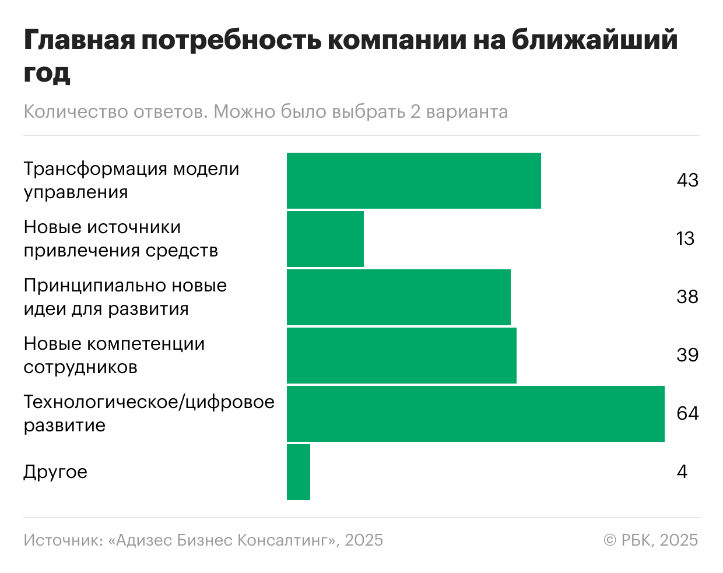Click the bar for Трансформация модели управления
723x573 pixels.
413,181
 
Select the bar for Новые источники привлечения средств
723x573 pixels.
325,239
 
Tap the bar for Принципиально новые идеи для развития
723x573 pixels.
398,297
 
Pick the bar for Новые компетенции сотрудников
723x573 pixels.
401,356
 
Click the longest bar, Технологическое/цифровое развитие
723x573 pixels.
475,413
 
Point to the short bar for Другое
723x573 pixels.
299,472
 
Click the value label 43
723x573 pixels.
687,180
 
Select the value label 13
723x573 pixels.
686,238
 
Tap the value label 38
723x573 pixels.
687,297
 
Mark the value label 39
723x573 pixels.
687,355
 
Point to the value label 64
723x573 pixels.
687,413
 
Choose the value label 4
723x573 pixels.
682,472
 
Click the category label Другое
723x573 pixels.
55,472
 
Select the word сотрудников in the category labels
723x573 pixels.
80,367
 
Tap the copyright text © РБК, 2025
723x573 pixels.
651,540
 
